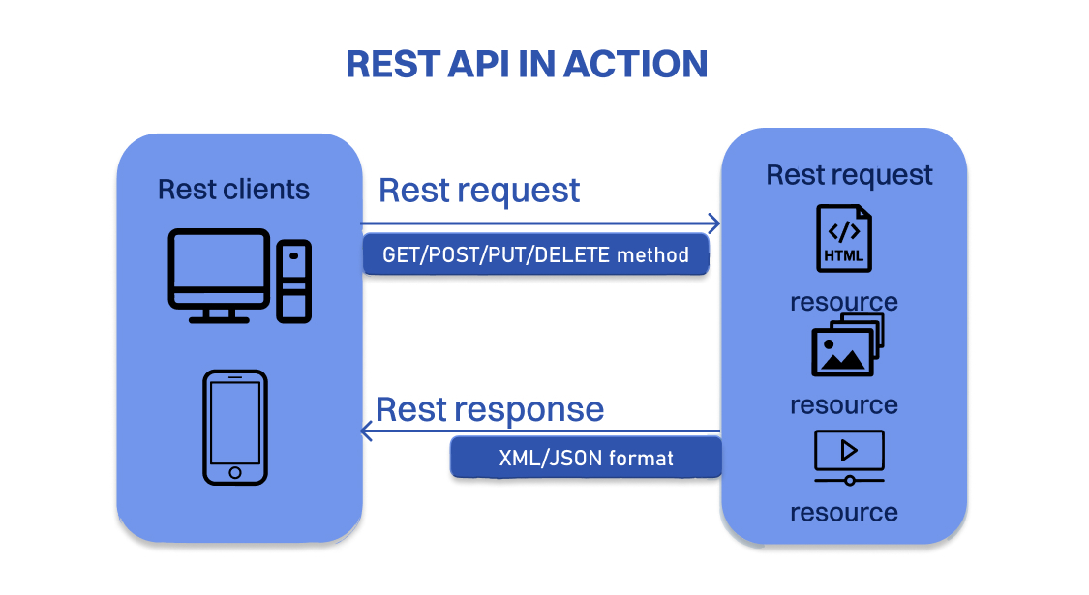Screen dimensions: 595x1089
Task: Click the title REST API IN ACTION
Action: pyautogui.click(x=527, y=64)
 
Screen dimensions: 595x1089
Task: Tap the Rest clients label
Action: pyautogui.click(x=233, y=189)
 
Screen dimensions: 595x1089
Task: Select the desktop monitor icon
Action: pyautogui.click(x=219, y=274)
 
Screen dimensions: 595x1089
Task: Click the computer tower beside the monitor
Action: pyautogui.click(x=293, y=281)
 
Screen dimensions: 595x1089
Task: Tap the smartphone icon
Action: pyautogui.click(x=235, y=427)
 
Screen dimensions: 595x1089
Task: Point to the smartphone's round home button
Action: pyautogui.click(x=235, y=473)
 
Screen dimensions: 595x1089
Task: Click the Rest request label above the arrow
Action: pyautogui.click(x=479, y=190)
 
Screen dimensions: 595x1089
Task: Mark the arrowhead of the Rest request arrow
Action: pyautogui.click(x=714, y=223)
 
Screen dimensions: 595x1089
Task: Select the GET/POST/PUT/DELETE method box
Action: pyautogui.click(x=535, y=255)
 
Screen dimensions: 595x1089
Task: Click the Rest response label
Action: pyautogui.click(x=490, y=408)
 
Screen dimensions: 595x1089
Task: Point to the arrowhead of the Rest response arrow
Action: pyautogui.click(x=367, y=431)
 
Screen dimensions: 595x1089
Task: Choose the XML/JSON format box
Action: pyautogui.click(x=586, y=457)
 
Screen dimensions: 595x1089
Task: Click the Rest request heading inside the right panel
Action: pyautogui.click(x=849, y=175)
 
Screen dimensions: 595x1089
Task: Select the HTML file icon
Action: pyautogui.click(x=843, y=238)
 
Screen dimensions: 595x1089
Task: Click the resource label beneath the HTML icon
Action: pyautogui.click(x=843, y=302)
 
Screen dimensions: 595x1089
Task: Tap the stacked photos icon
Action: pyautogui.click(x=847, y=345)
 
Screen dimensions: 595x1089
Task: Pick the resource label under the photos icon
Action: pyautogui.click(x=843, y=404)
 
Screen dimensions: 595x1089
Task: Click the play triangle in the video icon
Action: pyautogui.click(x=849, y=450)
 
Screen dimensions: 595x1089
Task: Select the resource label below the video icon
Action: pyautogui.click(x=843, y=512)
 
